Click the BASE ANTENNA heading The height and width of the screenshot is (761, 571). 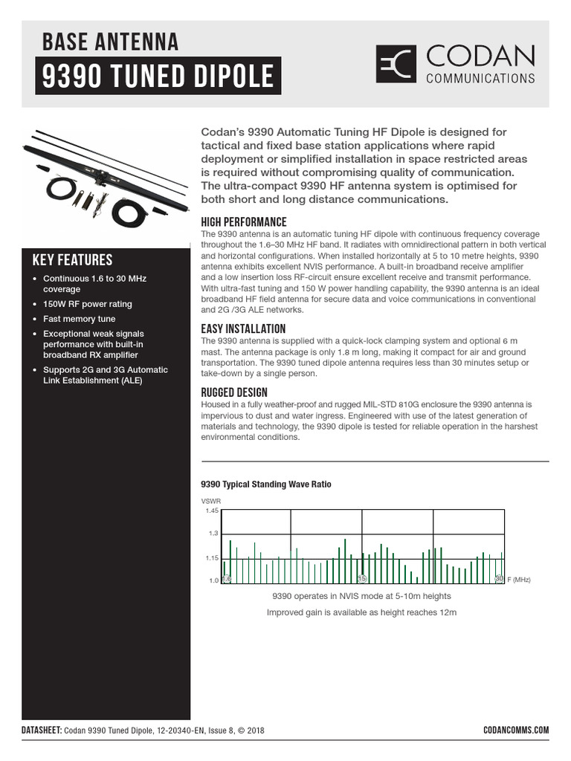point(111,42)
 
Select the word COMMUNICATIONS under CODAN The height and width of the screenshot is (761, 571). point(480,77)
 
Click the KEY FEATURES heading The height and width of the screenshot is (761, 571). point(73,260)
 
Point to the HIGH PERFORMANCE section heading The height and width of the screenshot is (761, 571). point(244,222)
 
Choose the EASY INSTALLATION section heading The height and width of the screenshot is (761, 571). point(243,328)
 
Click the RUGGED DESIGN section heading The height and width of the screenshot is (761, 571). point(235,392)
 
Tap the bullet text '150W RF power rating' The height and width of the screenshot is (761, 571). point(88,304)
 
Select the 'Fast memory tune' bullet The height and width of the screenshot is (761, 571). point(80,319)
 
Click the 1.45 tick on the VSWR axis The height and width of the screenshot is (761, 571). point(212,511)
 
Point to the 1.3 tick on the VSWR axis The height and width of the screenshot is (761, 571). point(214,534)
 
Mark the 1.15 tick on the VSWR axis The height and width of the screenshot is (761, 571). point(212,557)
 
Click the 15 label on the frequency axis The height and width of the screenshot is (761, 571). point(363,578)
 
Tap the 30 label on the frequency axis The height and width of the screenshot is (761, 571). point(500,578)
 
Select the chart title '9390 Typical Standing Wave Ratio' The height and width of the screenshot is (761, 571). point(266,485)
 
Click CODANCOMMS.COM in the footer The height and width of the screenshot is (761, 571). point(515,730)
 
